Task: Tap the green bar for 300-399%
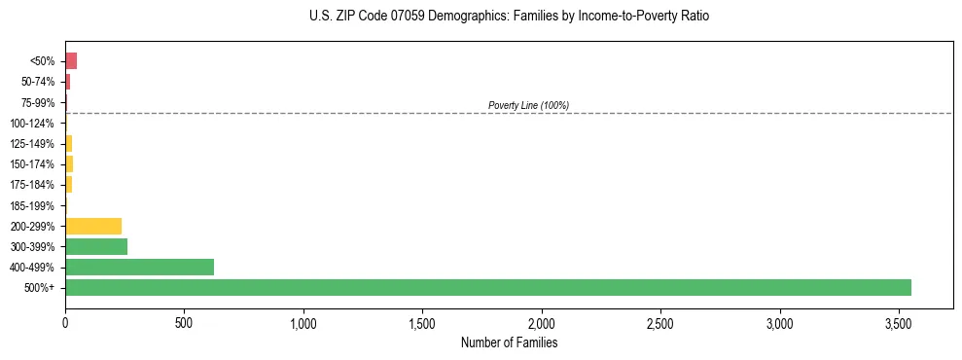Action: (96, 246)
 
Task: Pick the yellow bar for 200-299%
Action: (93, 226)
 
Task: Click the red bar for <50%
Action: (71, 61)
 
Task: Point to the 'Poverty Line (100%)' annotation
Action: (528, 105)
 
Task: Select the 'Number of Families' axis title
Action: (509, 342)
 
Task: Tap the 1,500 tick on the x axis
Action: (422, 322)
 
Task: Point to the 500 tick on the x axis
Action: (184, 322)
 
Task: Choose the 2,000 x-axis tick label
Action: (542, 322)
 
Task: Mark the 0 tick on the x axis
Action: (65, 322)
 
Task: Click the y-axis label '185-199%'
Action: (32, 205)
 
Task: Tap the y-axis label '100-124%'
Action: (32, 123)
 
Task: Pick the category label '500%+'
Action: (39, 288)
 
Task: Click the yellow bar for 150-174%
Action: (69, 163)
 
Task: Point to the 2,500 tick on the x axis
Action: (660, 322)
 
